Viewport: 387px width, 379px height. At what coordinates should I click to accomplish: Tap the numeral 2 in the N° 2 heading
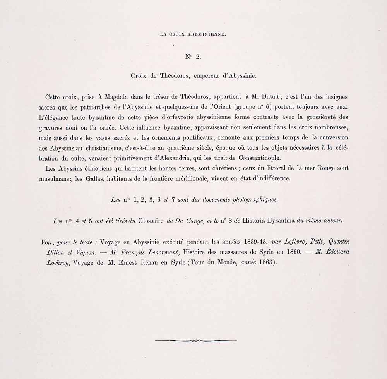click(x=198, y=57)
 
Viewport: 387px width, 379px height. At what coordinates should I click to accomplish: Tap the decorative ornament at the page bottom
click(x=195, y=340)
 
